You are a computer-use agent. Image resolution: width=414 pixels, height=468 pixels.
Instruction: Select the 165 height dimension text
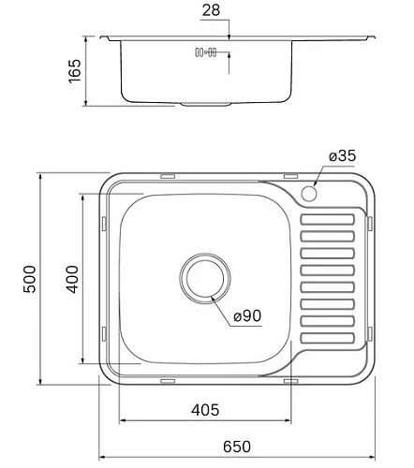tap(76, 72)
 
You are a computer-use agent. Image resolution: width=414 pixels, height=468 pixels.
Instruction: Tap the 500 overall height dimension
tap(28, 279)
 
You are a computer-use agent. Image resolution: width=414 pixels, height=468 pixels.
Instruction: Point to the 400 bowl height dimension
tap(72, 279)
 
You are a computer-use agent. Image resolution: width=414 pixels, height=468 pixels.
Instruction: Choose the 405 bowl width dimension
tap(203, 409)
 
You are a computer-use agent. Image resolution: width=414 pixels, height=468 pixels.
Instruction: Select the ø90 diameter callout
tap(245, 316)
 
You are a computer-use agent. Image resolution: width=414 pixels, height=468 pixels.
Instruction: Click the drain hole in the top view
tap(203, 278)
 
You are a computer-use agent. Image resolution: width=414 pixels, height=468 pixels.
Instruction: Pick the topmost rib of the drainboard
tap(328, 219)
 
